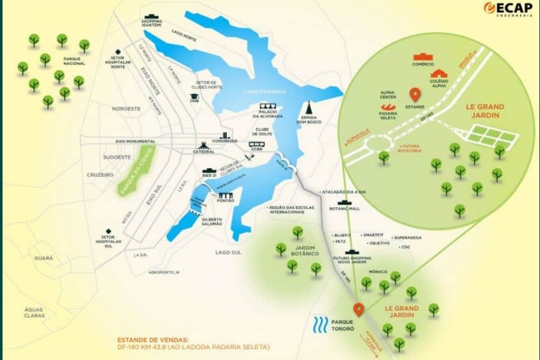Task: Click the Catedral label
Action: (203, 152)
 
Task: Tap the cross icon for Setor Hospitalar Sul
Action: (108, 231)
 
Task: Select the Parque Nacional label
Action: (75, 60)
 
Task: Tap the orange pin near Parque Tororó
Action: (359, 310)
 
